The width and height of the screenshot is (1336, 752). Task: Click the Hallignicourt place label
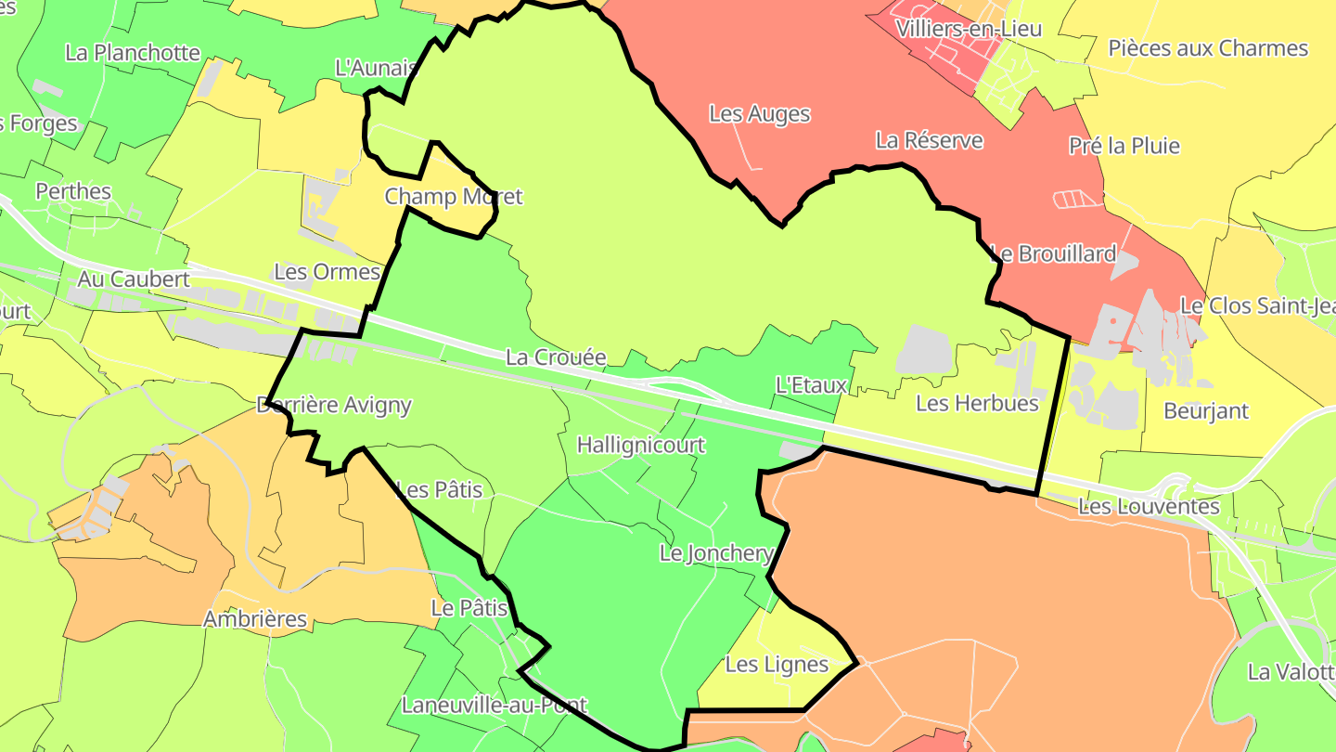click(x=640, y=445)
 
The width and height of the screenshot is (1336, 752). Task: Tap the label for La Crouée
click(x=556, y=357)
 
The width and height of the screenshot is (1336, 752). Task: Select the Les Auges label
click(x=759, y=114)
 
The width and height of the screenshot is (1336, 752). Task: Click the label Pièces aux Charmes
click(x=1208, y=48)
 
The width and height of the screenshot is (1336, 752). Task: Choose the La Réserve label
click(x=929, y=141)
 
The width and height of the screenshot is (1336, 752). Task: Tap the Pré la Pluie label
click(x=1124, y=146)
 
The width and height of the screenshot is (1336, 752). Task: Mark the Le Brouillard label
click(x=1054, y=253)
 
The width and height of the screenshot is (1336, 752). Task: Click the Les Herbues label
click(x=976, y=403)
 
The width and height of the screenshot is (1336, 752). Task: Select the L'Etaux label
click(x=811, y=385)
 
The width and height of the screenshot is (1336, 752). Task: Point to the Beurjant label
click(x=1206, y=410)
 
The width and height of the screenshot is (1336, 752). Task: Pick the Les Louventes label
click(x=1149, y=507)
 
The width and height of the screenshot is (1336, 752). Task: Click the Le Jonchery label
click(x=715, y=554)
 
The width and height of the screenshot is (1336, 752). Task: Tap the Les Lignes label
click(x=777, y=665)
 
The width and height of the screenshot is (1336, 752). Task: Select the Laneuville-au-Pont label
click(x=495, y=706)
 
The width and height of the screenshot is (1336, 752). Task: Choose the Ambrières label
click(x=254, y=619)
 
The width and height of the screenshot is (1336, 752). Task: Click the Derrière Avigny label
click(x=333, y=405)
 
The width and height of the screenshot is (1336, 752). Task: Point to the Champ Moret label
click(x=453, y=197)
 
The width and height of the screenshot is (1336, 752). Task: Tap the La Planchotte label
click(x=133, y=52)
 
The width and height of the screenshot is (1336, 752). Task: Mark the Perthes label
click(x=73, y=191)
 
